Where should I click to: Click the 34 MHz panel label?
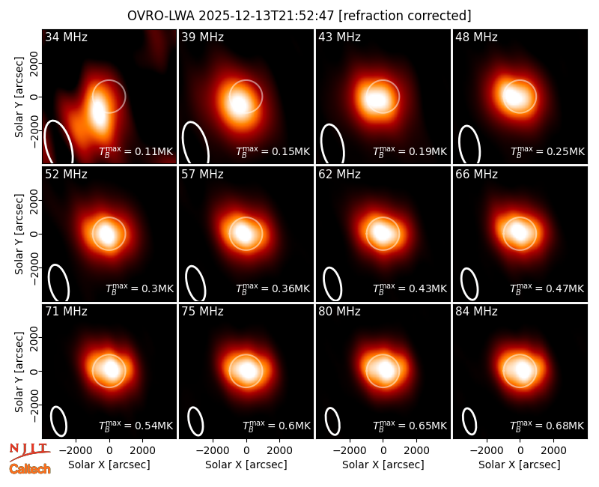point(66,37)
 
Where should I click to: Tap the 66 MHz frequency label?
point(476,175)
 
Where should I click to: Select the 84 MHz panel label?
point(476,312)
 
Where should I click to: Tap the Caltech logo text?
point(30,469)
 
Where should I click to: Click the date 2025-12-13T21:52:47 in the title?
point(267,16)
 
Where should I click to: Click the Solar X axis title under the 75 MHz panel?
point(246,465)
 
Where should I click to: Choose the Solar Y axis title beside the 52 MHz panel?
point(19,234)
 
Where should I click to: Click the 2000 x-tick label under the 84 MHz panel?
point(553,450)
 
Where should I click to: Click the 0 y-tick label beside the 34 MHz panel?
point(34,97)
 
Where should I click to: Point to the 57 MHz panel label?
point(202,175)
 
